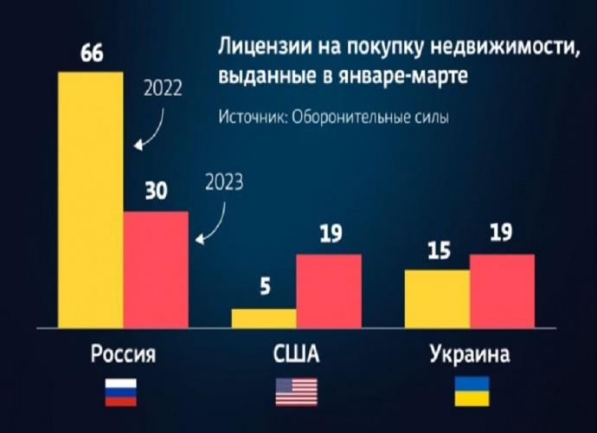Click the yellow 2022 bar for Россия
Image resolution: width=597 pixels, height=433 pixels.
pyautogui.click(x=90, y=199)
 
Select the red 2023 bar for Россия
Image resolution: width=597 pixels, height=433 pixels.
pyautogui.click(x=156, y=268)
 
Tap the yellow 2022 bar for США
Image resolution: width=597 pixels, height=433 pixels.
pyautogui.click(x=263, y=318)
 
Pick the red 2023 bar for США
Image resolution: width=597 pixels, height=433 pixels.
pyautogui.click(x=329, y=291)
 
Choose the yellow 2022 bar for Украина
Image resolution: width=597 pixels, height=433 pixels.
pyautogui.click(x=437, y=299)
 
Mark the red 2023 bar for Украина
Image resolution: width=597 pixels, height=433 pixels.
pyautogui.click(x=502, y=291)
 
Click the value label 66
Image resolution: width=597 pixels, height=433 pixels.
pyautogui.click(x=92, y=54)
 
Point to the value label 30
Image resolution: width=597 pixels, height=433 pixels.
pyautogui.click(x=156, y=193)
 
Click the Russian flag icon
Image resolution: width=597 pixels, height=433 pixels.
pyautogui.click(x=123, y=392)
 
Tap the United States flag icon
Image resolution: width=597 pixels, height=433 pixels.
pyautogui.click(x=296, y=392)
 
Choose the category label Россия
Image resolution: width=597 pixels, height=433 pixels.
pyautogui.click(x=123, y=355)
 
